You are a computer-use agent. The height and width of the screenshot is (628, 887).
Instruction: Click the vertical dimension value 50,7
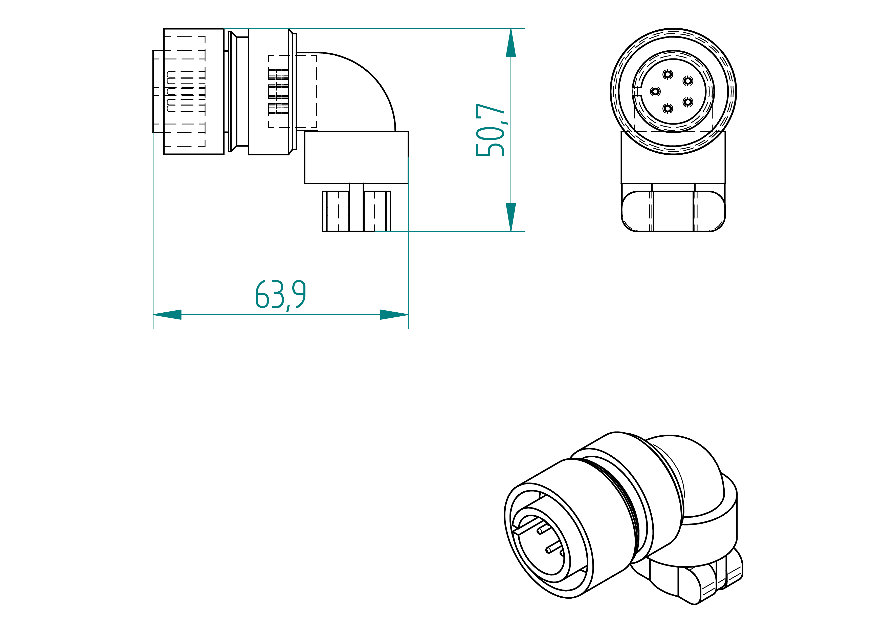coord(491,130)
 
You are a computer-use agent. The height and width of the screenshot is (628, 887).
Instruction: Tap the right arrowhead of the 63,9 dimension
coord(394,315)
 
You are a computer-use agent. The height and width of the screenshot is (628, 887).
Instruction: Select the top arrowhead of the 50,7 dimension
coord(511,43)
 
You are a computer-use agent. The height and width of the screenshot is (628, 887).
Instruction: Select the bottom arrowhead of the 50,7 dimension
coord(511,217)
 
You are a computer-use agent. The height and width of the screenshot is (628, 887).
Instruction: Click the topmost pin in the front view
coord(668,74)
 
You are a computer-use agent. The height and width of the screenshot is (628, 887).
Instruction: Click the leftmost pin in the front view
coord(655,92)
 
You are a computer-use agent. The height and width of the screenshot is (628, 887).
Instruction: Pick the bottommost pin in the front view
coord(668,109)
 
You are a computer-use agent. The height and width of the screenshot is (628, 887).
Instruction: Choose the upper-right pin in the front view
coord(688,81)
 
